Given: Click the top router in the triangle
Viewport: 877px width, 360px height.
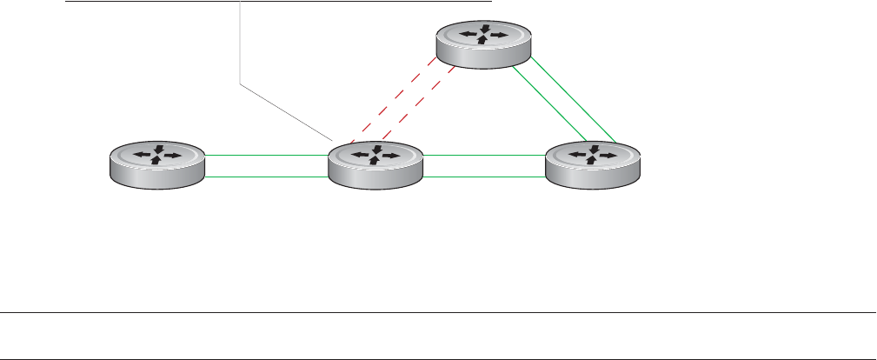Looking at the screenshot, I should coord(482,43).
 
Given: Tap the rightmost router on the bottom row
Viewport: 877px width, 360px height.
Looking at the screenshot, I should coord(593,163).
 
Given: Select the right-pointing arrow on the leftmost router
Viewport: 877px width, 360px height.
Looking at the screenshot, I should coord(172,156).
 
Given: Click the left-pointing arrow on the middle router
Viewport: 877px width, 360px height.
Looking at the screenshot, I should coord(361,156).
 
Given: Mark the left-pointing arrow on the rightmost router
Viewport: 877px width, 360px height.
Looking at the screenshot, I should coord(578,156).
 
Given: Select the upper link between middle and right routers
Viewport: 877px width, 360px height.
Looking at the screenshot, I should coord(484,155).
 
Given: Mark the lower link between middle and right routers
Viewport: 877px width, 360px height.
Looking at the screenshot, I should coord(484,177).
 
